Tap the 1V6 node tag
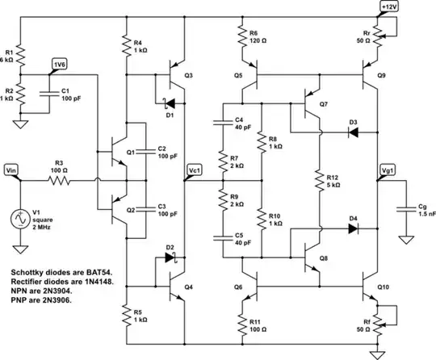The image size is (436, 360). point(59,65)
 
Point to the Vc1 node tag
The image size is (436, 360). point(194,170)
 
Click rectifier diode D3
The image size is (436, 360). point(353,131)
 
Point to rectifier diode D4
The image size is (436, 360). point(353,228)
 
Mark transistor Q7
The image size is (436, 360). point(308,104)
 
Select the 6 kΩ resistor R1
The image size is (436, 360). point(22,56)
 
